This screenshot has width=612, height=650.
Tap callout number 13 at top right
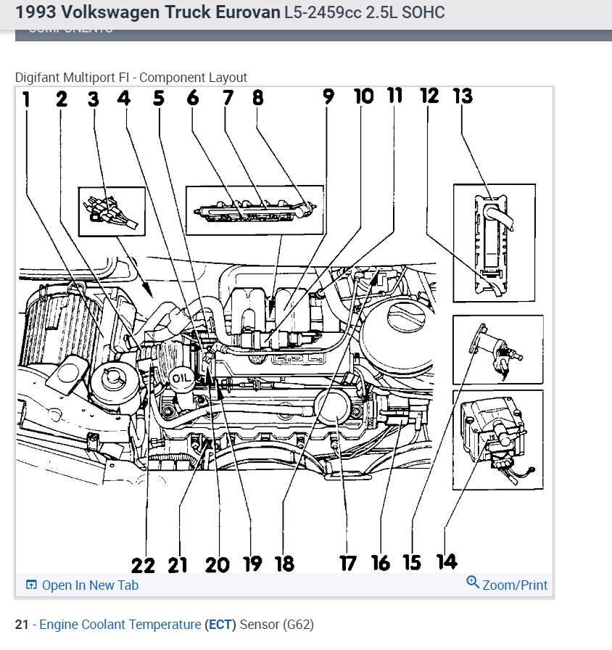[462, 96]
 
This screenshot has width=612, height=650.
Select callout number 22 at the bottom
[143, 564]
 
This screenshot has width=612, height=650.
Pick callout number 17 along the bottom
[348, 563]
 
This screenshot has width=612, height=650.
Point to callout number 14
[447, 561]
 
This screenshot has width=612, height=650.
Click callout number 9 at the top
[329, 97]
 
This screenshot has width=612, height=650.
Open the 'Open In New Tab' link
[89, 585]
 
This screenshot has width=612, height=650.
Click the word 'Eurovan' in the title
[245, 12]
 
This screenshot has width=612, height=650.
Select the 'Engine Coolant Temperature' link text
[120, 624]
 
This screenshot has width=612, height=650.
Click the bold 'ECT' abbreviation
[220, 624]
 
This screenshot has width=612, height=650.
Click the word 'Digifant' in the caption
[37, 78]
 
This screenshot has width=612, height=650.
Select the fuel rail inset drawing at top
[253, 210]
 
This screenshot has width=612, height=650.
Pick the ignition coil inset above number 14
[497, 439]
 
